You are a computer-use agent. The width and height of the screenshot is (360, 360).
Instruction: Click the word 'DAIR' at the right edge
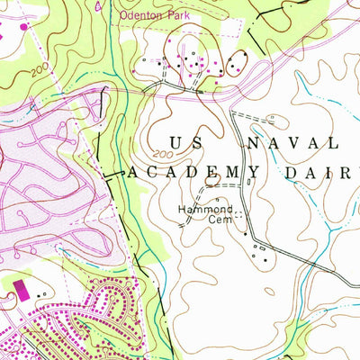pos(334,172)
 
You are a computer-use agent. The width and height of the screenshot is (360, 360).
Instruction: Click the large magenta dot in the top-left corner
pos(23,26)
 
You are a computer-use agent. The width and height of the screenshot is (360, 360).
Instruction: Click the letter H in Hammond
pos(181,208)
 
